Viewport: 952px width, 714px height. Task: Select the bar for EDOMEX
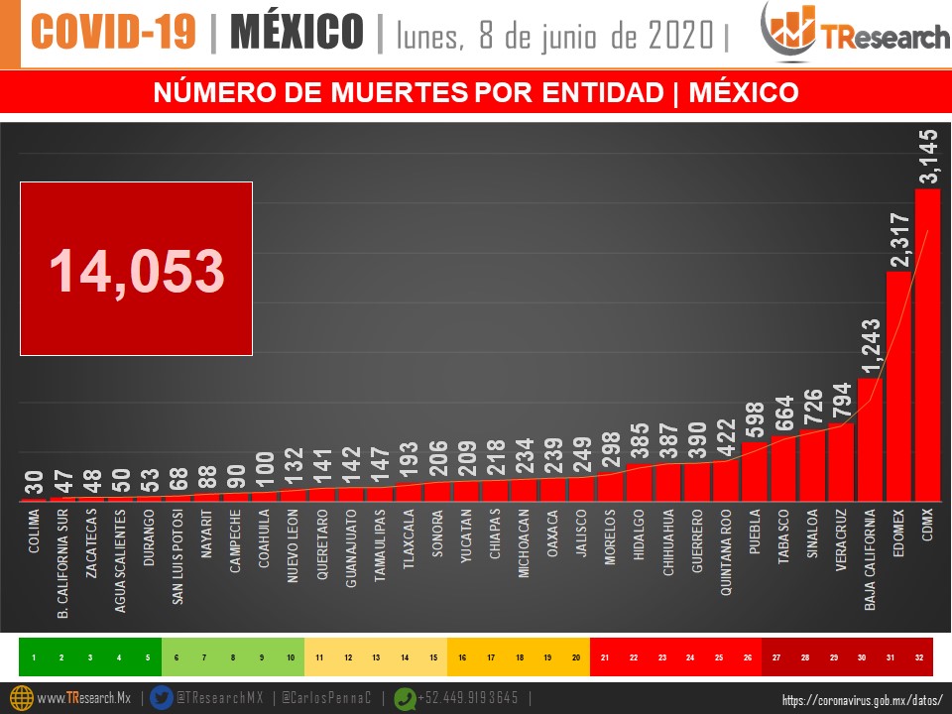pyautogui.click(x=898, y=387)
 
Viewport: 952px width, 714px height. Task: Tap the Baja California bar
pyautogui.click(x=870, y=440)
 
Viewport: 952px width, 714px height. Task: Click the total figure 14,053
pyautogui.click(x=137, y=271)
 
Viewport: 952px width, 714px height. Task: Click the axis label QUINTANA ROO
pyautogui.click(x=727, y=551)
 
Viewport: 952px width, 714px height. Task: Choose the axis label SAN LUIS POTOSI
pyautogui.click(x=178, y=556)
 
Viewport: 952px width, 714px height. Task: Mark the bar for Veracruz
pyautogui.click(x=841, y=463)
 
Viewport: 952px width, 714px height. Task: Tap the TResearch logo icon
pyautogui.click(x=790, y=34)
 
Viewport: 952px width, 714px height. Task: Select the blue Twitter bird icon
pyautogui.click(x=162, y=697)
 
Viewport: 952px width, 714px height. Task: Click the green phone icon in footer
pyautogui.click(x=405, y=697)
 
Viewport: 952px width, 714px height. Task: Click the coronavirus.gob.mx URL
pyautogui.click(x=862, y=699)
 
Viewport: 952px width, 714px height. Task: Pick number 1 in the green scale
pyautogui.click(x=34, y=657)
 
